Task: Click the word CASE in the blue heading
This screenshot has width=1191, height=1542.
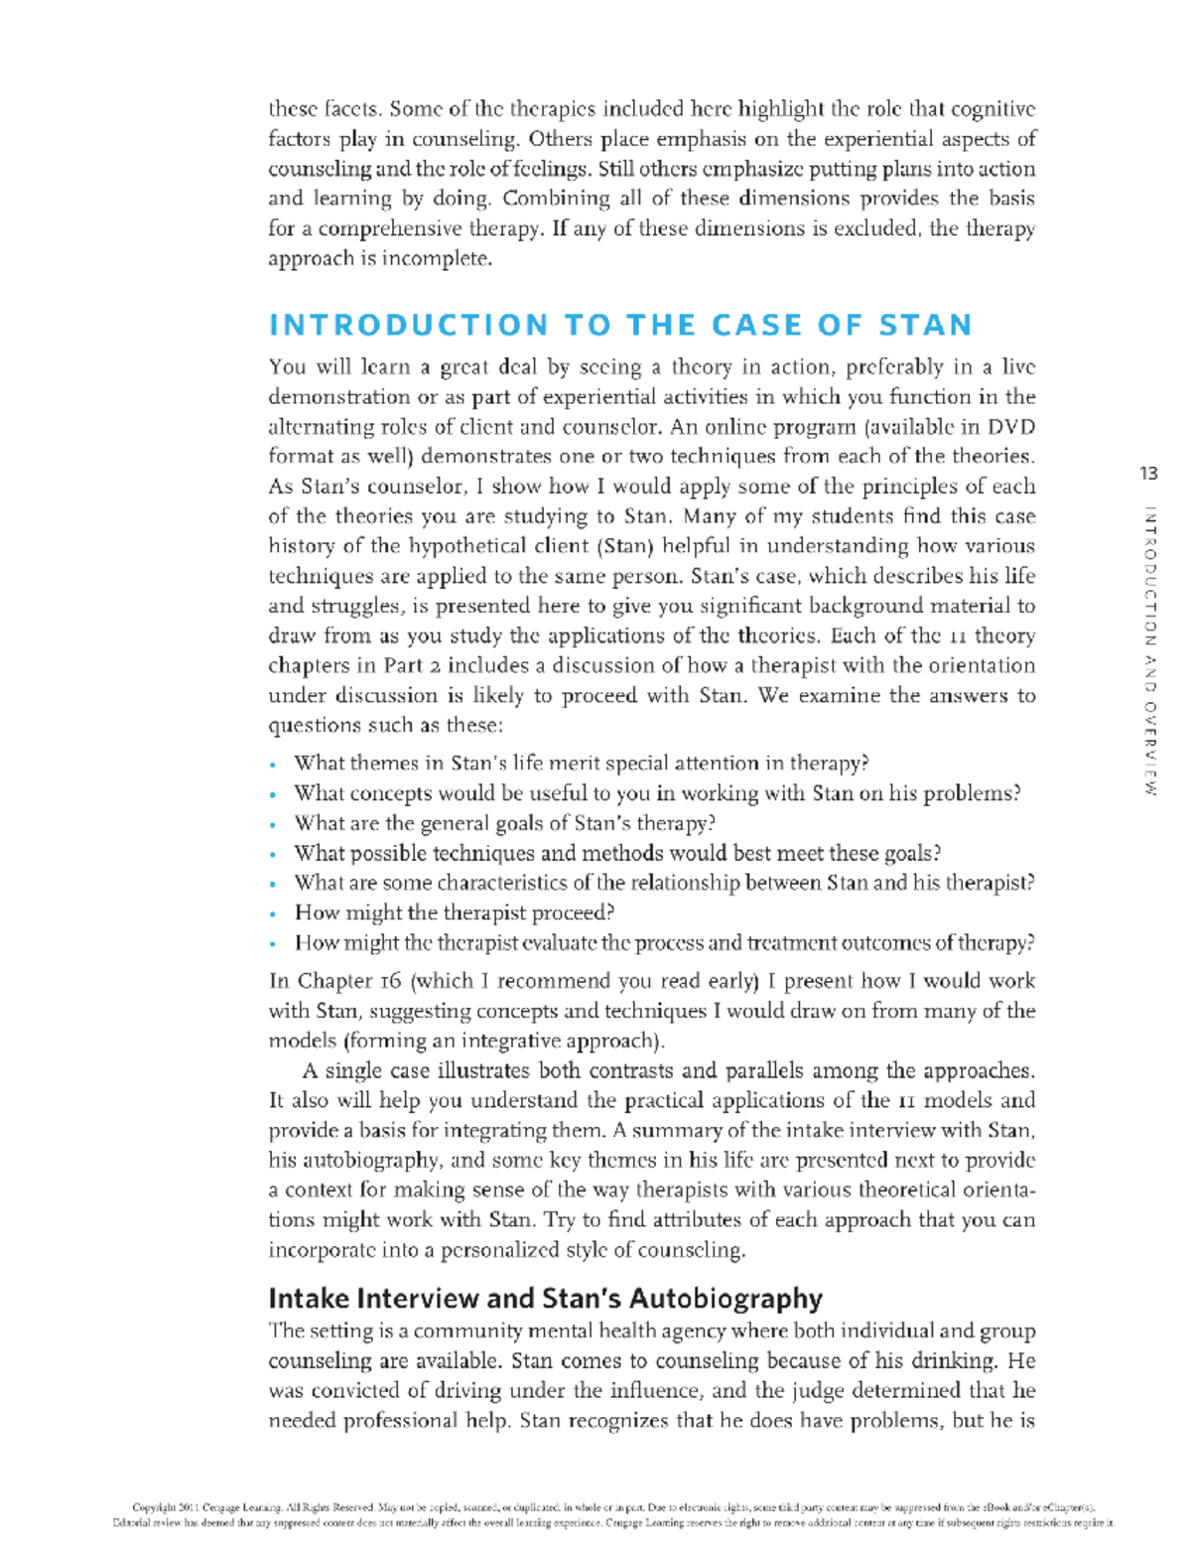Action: pyautogui.click(x=757, y=326)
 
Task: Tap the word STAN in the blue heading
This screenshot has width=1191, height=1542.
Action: pyautogui.click(x=925, y=326)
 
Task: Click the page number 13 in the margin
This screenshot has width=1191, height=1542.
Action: pyautogui.click(x=1148, y=474)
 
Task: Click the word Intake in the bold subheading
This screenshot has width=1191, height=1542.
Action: pyautogui.click(x=308, y=1299)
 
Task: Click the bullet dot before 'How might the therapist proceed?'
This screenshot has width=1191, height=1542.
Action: pyautogui.click(x=273, y=914)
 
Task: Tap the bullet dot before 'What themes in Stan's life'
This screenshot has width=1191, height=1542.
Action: pyautogui.click(x=273, y=765)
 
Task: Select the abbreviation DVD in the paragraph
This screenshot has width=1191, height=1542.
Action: pyautogui.click(x=1010, y=427)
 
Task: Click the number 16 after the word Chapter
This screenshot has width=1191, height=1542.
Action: pyautogui.click(x=390, y=981)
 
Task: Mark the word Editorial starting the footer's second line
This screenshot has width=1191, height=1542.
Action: pyautogui.click(x=135, y=1522)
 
